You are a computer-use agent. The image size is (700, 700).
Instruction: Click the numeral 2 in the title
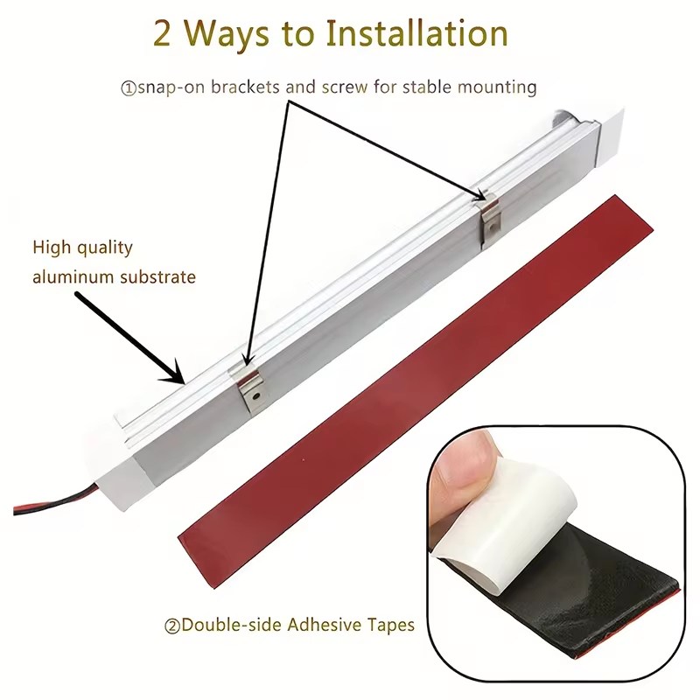[x=162, y=34]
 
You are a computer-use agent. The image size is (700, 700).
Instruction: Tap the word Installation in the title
[x=417, y=33]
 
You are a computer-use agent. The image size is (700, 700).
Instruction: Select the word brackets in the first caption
[x=245, y=87]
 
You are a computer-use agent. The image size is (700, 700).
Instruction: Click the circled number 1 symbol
[x=129, y=88]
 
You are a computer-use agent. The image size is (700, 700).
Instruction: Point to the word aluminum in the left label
[x=73, y=276]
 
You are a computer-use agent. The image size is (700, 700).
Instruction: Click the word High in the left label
[x=52, y=248]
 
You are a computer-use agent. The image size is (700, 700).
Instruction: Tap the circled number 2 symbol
[x=172, y=626]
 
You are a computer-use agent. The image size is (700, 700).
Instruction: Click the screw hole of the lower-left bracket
[x=256, y=395]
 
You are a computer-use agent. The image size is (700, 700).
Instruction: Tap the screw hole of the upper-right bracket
[x=493, y=226]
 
